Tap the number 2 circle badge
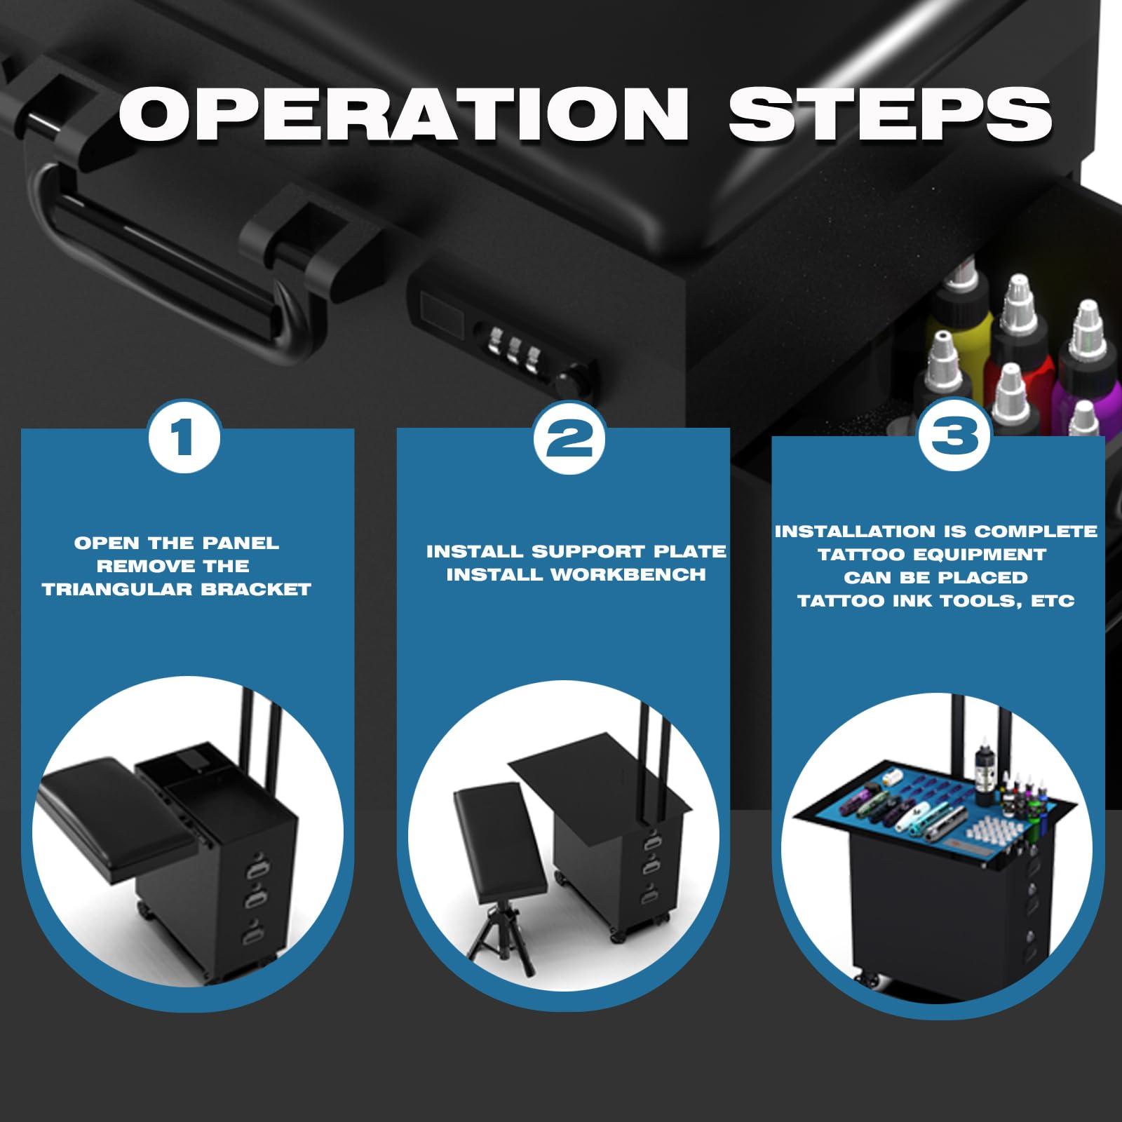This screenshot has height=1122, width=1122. coord(568,439)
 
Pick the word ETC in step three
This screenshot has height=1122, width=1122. coord(1052,602)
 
